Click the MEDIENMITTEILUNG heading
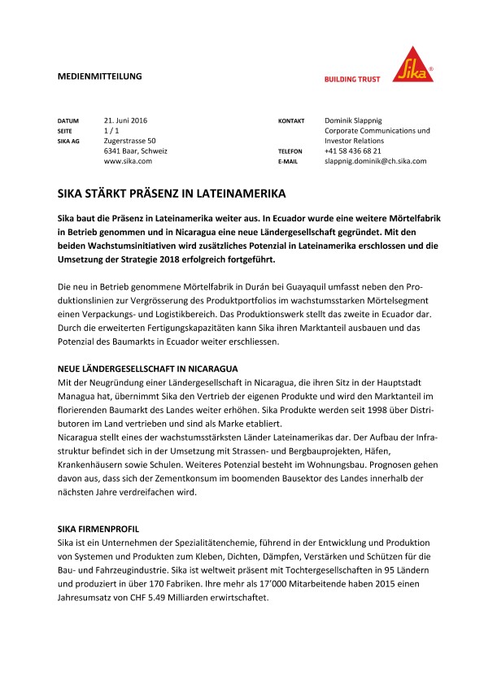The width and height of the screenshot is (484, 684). (x=99, y=76)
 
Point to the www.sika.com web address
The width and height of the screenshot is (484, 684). (x=128, y=161)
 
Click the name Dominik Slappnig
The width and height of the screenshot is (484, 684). (x=359, y=120)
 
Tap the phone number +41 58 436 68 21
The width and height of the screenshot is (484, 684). (x=352, y=151)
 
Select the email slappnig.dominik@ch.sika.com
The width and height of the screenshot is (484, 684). (x=375, y=161)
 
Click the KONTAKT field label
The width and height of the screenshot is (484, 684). (x=290, y=120)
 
